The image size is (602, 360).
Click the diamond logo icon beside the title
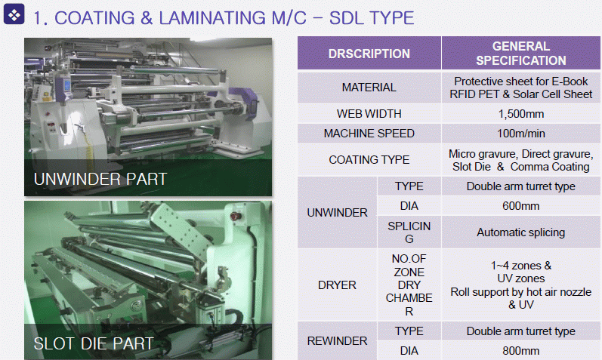click(x=14, y=14)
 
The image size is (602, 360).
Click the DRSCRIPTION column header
click(x=369, y=54)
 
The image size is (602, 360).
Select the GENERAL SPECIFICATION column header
click(x=521, y=54)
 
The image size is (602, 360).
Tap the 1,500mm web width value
click(x=521, y=114)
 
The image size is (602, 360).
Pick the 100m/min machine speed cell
click(x=521, y=134)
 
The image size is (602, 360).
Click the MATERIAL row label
click(x=369, y=88)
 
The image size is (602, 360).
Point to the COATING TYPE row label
click(x=369, y=160)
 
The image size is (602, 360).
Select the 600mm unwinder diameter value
click(x=521, y=206)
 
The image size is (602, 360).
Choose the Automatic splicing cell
click(x=521, y=232)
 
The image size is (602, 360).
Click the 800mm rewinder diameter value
click(x=521, y=351)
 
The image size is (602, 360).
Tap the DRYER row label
click(x=337, y=285)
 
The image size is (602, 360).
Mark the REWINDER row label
click(x=337, y=341)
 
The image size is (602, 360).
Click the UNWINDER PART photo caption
click(x=100, y=179)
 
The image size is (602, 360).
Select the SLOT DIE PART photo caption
click(x=94, y=343)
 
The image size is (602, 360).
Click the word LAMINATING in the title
click(x=212, y=18)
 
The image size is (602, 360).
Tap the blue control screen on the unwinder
click(x=66, y=85)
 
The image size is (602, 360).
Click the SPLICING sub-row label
click(x=409, y=232)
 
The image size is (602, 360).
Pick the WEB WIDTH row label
click(x=369, y=114)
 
